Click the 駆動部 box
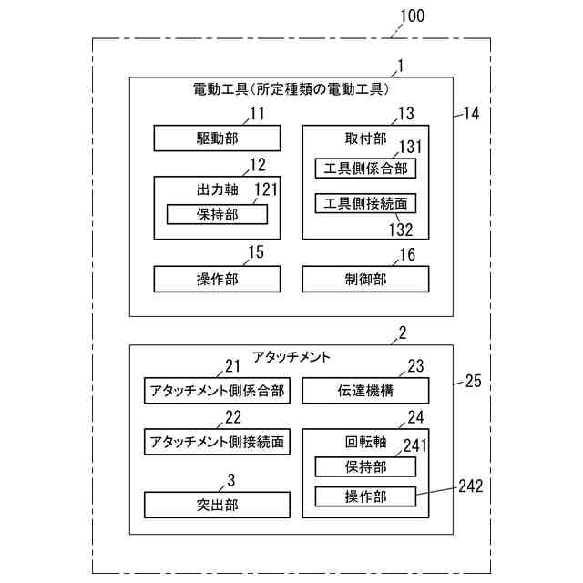[217, 138]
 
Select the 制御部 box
[365, 279]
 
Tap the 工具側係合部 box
[365, 169]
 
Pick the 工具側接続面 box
[365, 203]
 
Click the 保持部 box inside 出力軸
[217, 214]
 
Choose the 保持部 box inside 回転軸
[365, 466]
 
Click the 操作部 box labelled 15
[217, 279]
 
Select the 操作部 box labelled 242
[365, 496]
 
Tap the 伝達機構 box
[365, 391]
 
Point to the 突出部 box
[217, 504]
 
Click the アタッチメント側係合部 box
[217, 391]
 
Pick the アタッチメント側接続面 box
[217, 442]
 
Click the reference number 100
[411, 16]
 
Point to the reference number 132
[402, 230]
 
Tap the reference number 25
[473, 381]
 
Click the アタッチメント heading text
[291, 356]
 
